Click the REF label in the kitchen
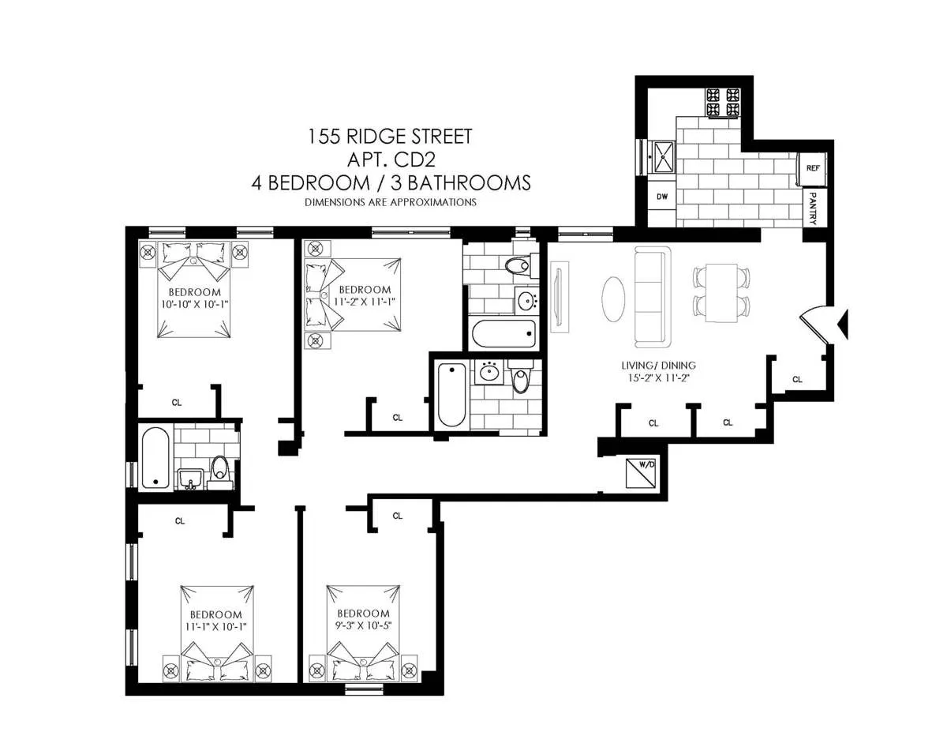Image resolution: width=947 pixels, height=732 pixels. point(812,168)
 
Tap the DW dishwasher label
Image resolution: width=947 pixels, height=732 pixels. point(662,197)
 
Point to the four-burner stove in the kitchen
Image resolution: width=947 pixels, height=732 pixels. point(723,103)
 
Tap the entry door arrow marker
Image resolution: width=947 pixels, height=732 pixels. point(842,322)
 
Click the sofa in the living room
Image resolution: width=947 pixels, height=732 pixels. point(652,297)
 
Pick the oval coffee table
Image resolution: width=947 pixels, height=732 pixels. point(616,298)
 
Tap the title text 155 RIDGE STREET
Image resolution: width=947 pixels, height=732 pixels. point(390,137)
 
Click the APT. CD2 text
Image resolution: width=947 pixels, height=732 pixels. point(390,160)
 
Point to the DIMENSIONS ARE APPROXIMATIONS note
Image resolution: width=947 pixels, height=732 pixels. point(390,202)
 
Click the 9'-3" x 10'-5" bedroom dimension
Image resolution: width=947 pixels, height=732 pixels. point(363,626)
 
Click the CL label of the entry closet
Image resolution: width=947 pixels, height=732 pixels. point(797,380)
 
